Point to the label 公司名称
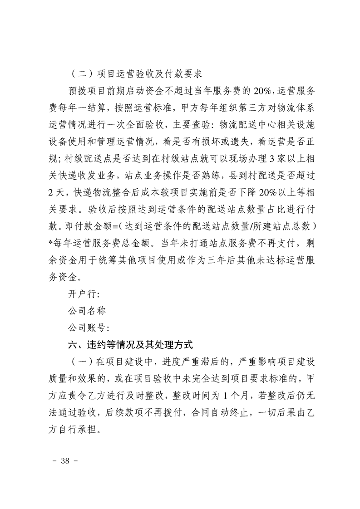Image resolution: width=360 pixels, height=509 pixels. (86, 311)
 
